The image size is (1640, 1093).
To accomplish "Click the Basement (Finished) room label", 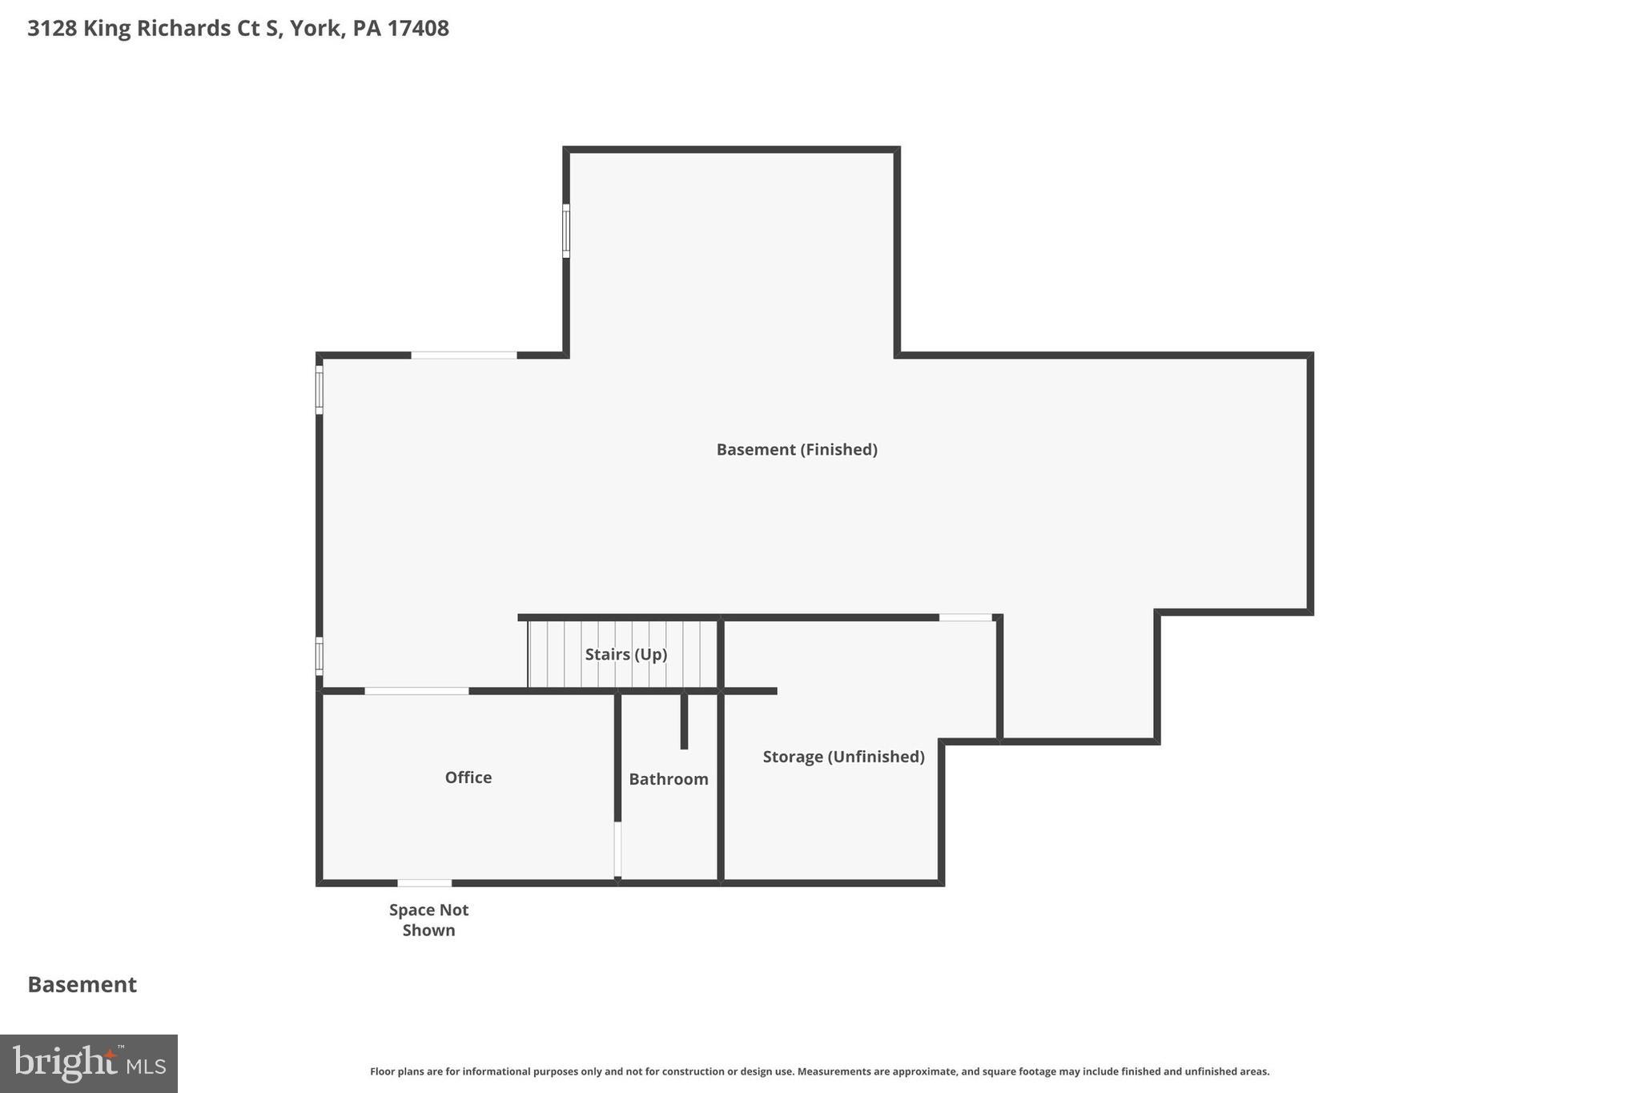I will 796,449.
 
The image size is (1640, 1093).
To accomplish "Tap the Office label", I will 468,777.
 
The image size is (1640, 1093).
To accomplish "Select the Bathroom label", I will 668,778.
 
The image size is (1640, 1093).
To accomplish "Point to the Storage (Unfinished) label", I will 843,756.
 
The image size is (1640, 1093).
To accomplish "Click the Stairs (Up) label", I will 625,653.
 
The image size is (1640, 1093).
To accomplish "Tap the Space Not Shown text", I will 428,919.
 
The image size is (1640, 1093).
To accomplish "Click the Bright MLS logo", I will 89,1063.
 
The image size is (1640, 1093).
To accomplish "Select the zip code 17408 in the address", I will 418,28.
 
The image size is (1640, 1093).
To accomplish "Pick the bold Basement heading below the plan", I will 82,984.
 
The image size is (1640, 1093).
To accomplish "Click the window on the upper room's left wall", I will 566,231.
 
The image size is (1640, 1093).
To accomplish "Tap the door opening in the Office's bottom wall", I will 424,882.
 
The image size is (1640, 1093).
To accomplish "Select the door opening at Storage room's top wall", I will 965,617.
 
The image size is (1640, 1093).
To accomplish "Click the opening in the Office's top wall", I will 416,690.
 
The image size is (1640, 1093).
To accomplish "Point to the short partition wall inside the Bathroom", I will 684,721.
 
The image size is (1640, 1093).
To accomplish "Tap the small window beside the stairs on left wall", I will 320,655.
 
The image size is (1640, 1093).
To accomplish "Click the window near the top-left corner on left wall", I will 320,390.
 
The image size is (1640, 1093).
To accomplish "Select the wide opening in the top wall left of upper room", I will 464,355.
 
